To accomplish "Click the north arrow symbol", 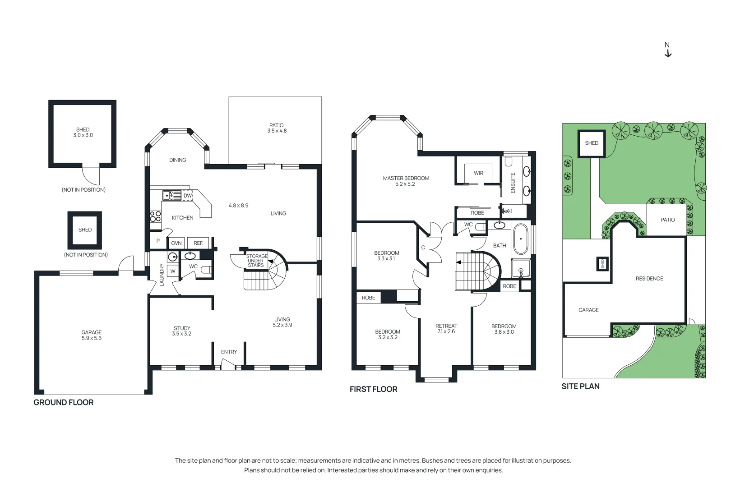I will click(x=668, y=53).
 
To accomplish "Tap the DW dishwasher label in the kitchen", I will click(x=188, y=196).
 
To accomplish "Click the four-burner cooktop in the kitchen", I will click(x=155, y=216).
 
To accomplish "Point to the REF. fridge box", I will click(x=198, y=243).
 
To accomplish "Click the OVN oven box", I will click(x=176, y=243).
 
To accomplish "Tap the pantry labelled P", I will click(x=158, y=241).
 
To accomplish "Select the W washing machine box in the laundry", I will click(x=173, y=271).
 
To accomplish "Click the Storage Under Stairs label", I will click(x=256, y=261).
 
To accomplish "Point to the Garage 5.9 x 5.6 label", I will click(x=92, y=335).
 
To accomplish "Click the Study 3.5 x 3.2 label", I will click(x=182, y=331).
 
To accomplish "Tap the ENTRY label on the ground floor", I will click(x=229, y=352).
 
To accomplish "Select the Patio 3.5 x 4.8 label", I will click(x=277, y=128).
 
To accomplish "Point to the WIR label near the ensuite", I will click(x=478, y=173).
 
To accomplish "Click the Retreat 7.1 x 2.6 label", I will click(x=446, y=328).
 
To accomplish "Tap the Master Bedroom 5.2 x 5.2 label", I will click(x=406, y=181).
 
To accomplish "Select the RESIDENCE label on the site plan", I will click(x=649, y=279).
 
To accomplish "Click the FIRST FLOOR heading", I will click(x=373, y=389).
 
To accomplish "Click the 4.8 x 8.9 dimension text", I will click(x=238, y=205).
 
